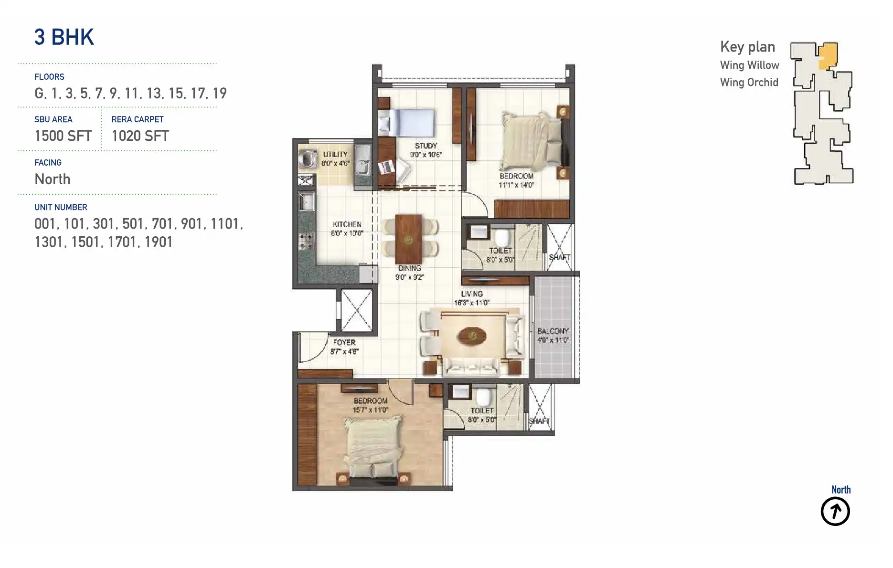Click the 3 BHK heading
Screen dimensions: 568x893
tap(64, 37)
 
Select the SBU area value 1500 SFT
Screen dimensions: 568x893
tap(63, 136)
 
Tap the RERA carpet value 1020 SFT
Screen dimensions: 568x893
tap(140, 136)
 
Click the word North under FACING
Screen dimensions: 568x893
tap(53, 179)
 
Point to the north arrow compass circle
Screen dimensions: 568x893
tap(835, 511)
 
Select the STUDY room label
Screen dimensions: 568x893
tap(425, 146)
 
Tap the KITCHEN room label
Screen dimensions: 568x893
tap(347, 224)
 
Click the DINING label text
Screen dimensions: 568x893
tap(409, 268)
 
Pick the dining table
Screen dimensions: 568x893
tap(408, 239)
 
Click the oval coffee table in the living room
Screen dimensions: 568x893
tap(472, 336)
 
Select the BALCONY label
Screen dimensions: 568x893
tap(553, 331)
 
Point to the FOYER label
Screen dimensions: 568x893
tap(344, 342)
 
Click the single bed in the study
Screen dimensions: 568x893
tap(407, 123)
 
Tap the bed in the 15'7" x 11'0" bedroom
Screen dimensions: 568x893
tap(373, 446)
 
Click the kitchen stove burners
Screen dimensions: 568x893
tap(306, 242)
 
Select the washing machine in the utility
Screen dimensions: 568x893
tap(308, 158)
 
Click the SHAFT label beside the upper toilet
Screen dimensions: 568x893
tap(559, 257)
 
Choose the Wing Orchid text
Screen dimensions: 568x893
tap(749, 83)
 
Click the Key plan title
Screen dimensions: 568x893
tap(747, 47)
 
